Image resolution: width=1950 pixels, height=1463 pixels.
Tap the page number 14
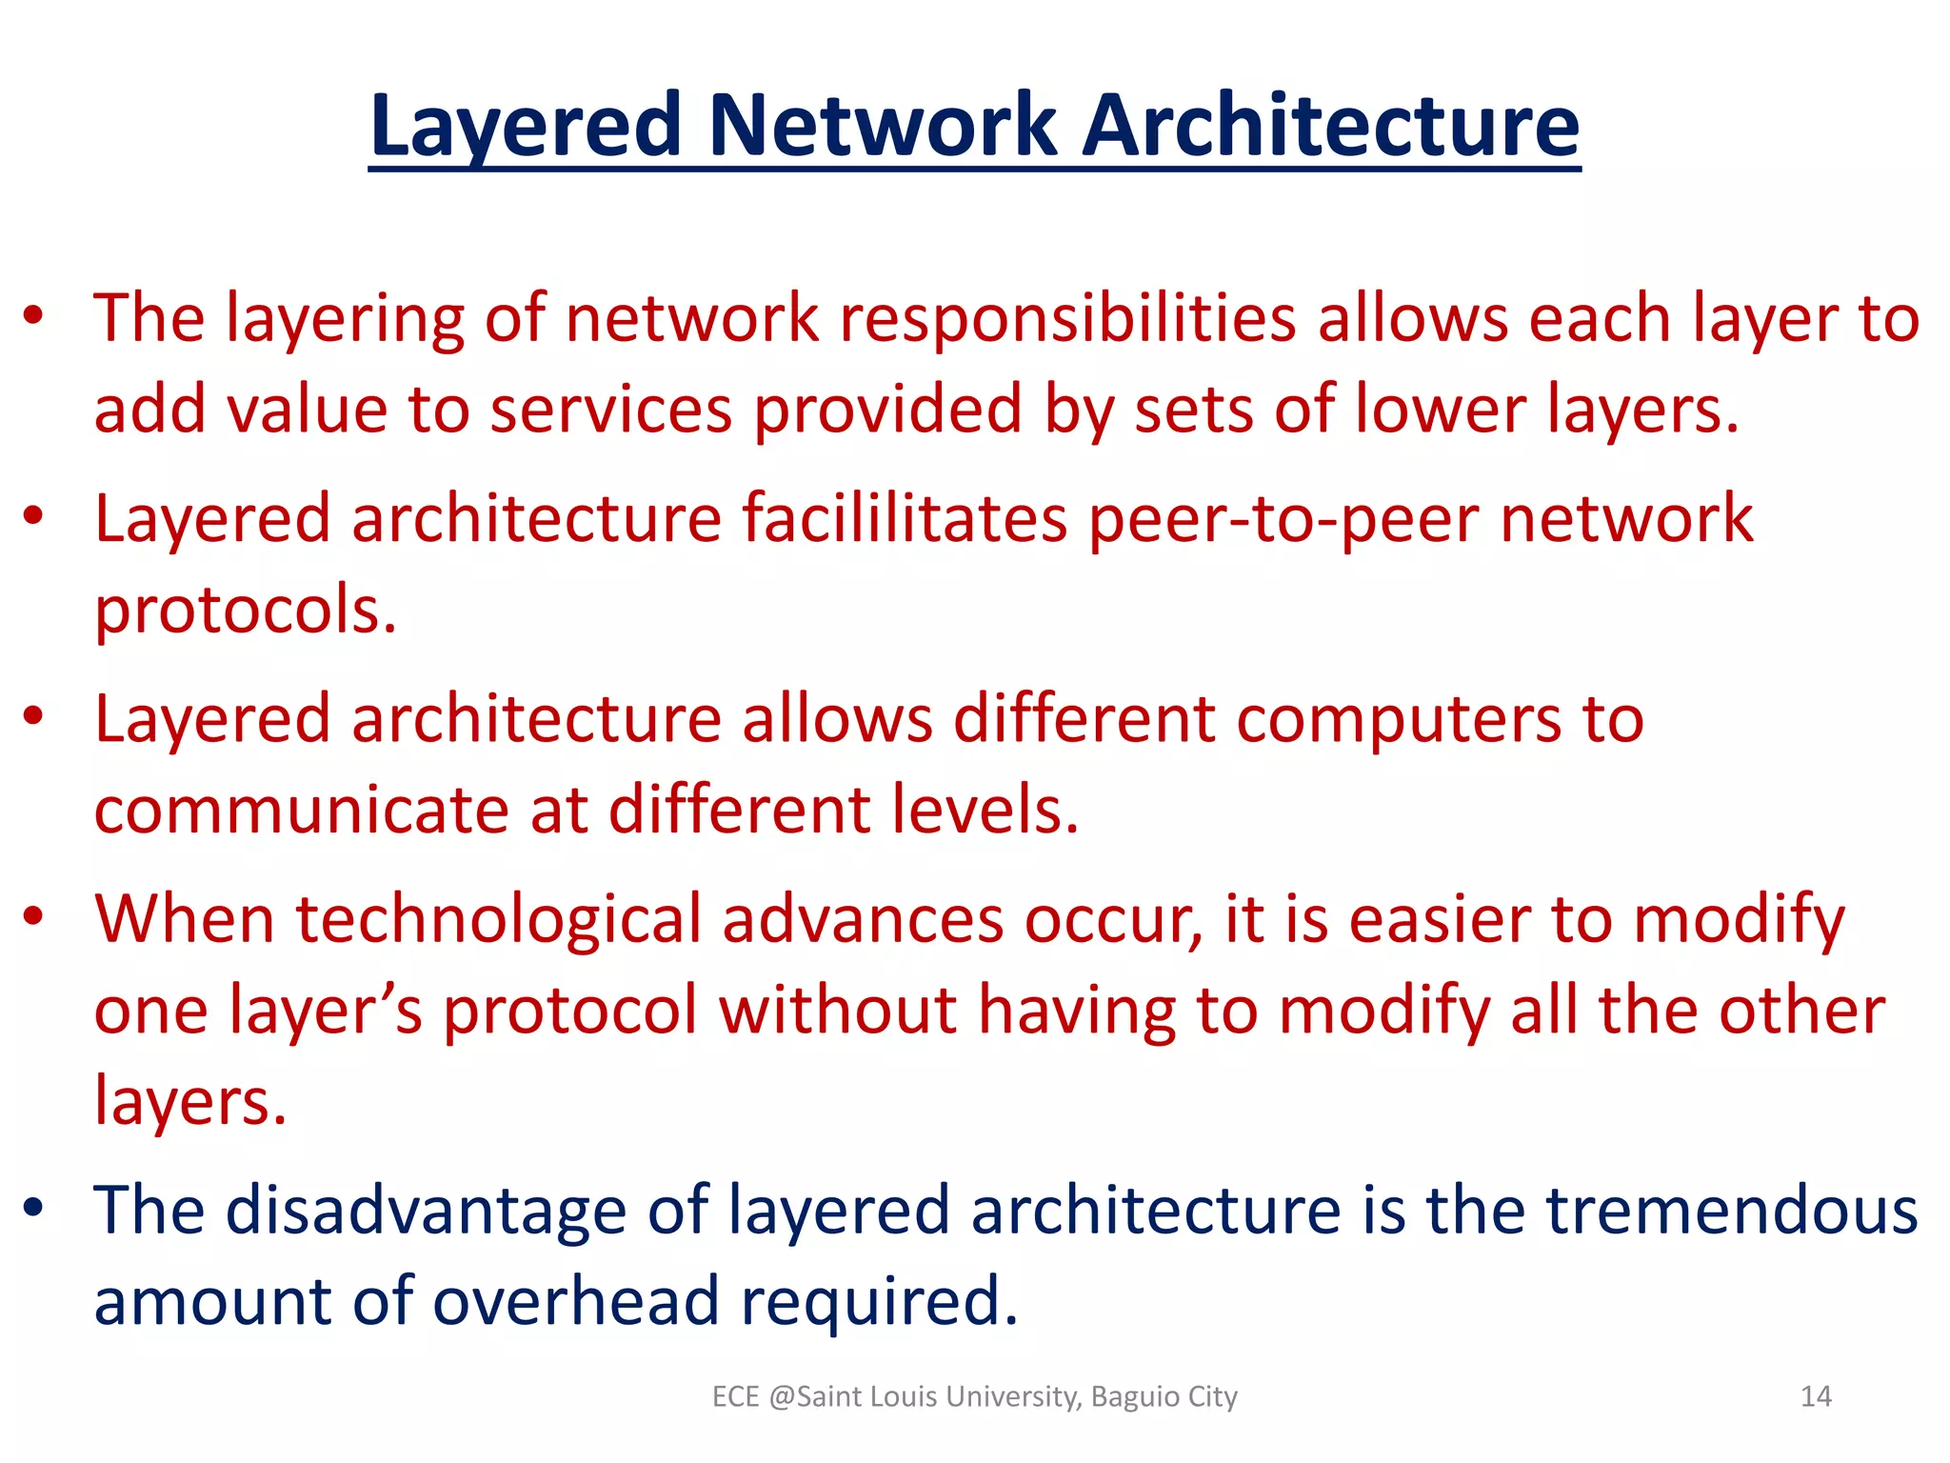pyautogui.click(x=1816, y=1396)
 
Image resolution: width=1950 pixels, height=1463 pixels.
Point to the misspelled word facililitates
pyautogui.click(x=905, y=519)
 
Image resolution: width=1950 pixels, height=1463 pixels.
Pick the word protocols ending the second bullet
pyautogui.click(x=245, y=611)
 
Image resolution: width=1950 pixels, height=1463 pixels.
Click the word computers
pyautogui.click(x=1398, y=719)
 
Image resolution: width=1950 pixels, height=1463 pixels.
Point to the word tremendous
pyautogui.click(x=1731, y=1211)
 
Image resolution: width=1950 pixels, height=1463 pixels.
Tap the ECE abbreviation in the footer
pyautogui.click(x=735, y=1396)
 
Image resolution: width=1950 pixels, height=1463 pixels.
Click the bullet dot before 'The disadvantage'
pyautogui.click(x=34, y=1208)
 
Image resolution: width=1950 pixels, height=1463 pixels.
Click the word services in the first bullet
pyautogui.click(x=610, y=411)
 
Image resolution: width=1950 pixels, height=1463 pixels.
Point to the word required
pyautogui.click(x=879, y=1302)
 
